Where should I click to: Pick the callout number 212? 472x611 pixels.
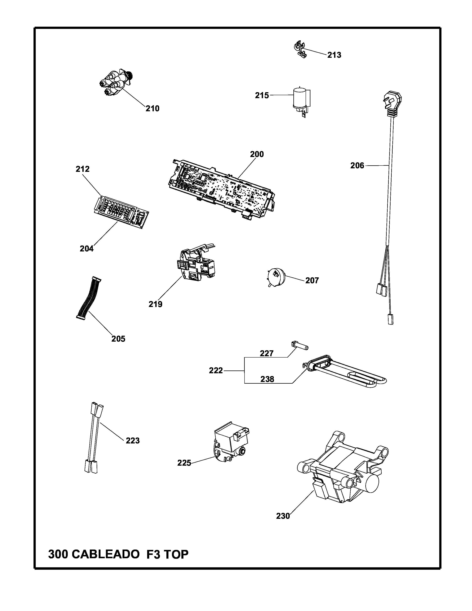pos(83,169)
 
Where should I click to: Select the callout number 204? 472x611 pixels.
pos(87,248)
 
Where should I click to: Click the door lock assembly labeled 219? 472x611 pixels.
pos(196,266)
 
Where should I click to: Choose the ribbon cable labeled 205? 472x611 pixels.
pos(88,298)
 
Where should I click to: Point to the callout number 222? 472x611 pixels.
pos(216,371)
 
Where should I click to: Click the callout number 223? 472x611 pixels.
pos(133,441)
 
